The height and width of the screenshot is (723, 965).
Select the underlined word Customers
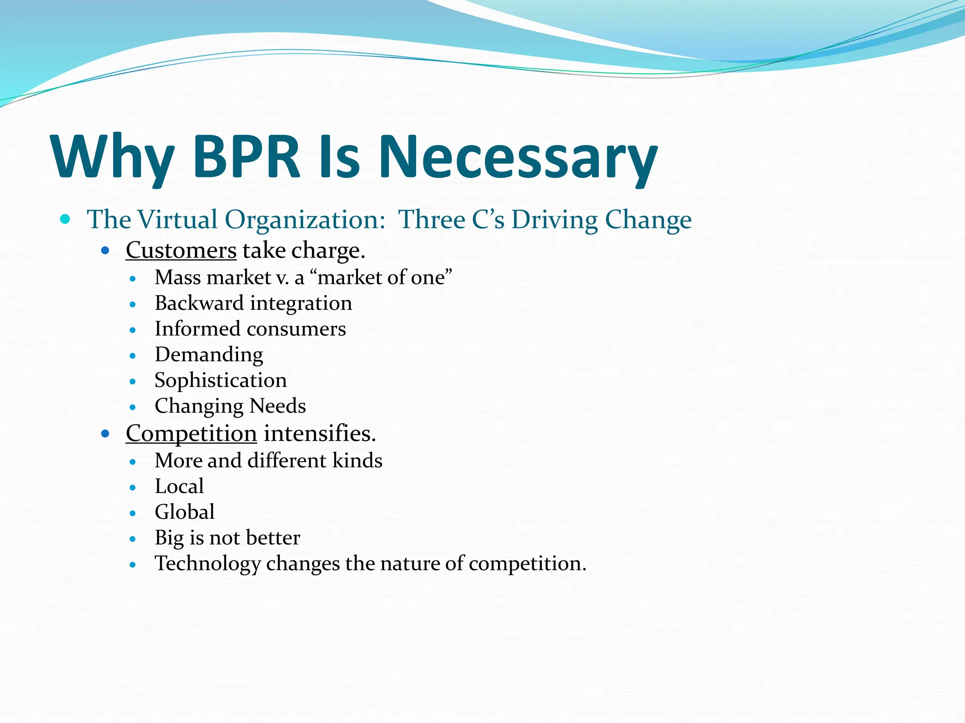[x=181, y=250]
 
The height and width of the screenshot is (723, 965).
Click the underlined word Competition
[x=191, y=433]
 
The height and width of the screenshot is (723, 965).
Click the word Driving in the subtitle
[x=554, y=219]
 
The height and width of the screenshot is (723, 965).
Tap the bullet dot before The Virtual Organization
[x=65, y=219]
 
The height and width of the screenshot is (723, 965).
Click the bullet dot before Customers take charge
[x=106, y=250]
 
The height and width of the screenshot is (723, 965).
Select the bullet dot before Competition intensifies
[x=106, y=433]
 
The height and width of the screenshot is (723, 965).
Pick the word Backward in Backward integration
[x=199, y=303]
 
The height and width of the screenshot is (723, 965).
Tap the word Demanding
[x=209, y=354]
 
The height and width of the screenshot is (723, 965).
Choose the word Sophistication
[x=221, y=380]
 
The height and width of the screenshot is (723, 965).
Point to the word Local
[x=179, y=486]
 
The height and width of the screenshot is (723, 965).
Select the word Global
[x=185, y=512]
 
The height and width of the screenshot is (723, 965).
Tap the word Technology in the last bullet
[x=208, y=563]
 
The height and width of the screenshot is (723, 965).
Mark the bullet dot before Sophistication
[x=133, y=381]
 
